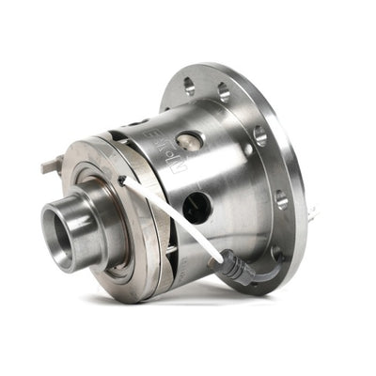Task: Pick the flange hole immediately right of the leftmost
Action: [x=224, y=91]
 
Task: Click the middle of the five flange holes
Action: [x=258, y=135]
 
